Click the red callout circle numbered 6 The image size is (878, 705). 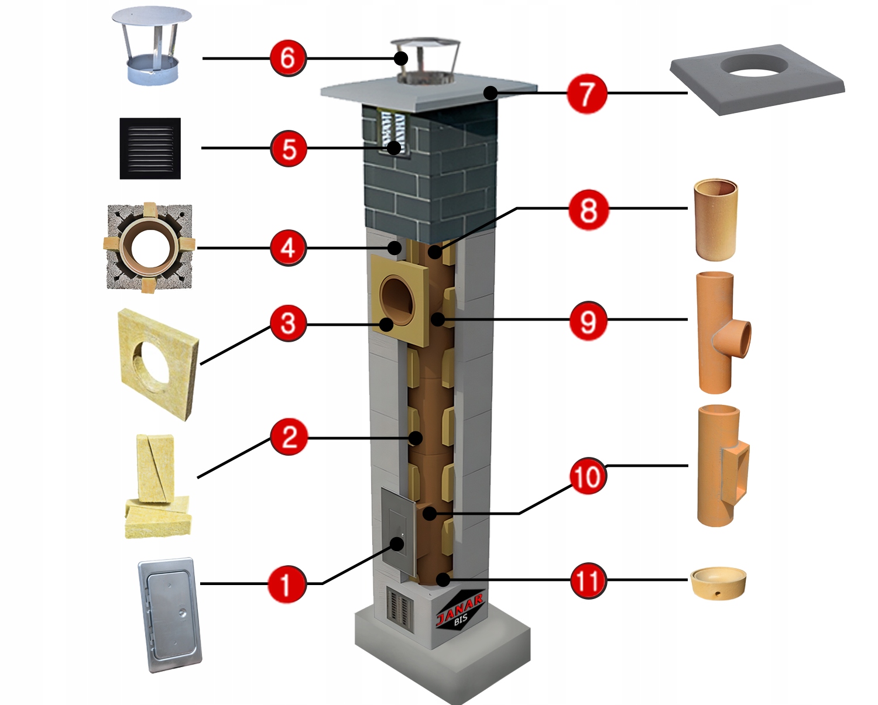pyautogui.click(x=288, y=58)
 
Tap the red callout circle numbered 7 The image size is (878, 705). pyautogui.click(x=587, y=93)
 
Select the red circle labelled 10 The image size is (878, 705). pyautogui.click(x=587, y=477)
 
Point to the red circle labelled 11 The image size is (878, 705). pyautogui.click(x=588, y=580)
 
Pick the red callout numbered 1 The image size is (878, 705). pyautogui.click(x=287, y=583)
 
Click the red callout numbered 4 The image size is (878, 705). pyautogui.click(x=288, y=247)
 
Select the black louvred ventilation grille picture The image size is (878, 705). pyautogui.click(x=150, y=149)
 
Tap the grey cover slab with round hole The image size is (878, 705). pyautogui.click(x=757, y=79)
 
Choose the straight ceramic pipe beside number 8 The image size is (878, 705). pyautogui.click(x=715, y=219)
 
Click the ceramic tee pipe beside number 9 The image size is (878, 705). pyautogui.click(x=720, y=332)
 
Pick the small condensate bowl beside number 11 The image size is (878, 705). pyautogui.click(x=718, y=583)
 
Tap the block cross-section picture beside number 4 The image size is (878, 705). pyautogui.click(x=149, y=247)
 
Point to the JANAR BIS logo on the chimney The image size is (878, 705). pyautogui.click(x=460, y=608)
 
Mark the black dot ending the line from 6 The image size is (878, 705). pyautogui.click(x=401, y=58)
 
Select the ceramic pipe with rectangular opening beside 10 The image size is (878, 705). pyautogui.click(x=722, y=465)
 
